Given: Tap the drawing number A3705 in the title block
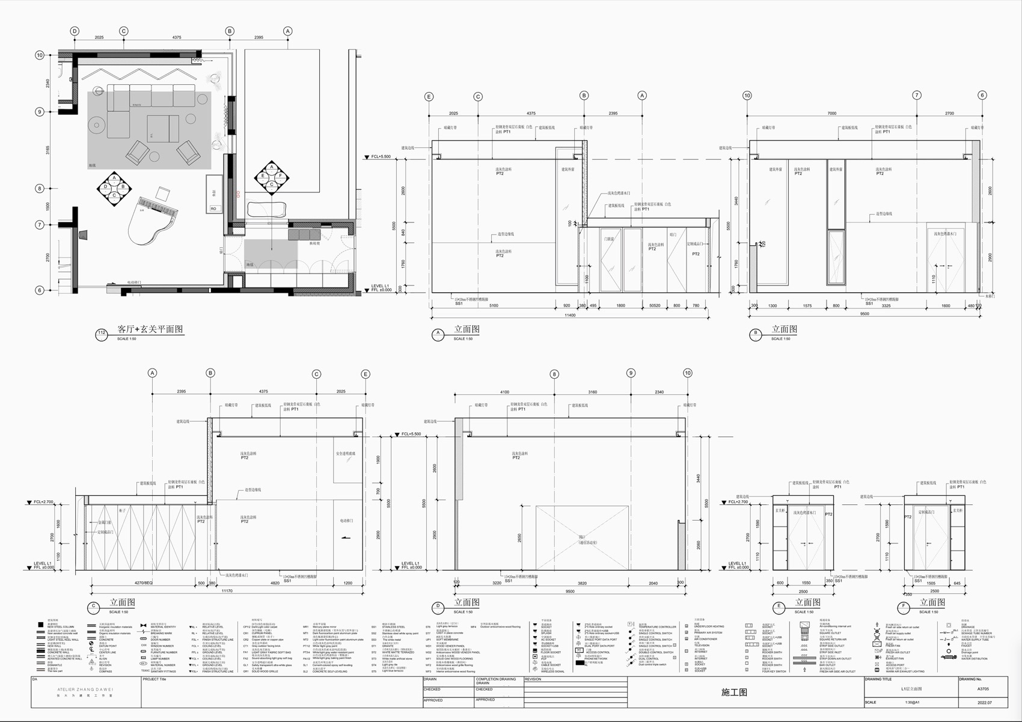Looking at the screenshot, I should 984,690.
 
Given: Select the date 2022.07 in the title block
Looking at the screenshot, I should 984,702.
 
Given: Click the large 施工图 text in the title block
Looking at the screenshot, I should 734,693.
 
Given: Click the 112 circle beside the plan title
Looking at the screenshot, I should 102,333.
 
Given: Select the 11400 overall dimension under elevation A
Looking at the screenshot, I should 569,315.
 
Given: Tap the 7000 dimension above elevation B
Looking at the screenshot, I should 831,114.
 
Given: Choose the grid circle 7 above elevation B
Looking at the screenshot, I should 917,95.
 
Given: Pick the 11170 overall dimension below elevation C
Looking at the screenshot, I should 227,591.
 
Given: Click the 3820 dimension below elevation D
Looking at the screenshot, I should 582,583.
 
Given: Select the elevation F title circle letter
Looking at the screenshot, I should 904,606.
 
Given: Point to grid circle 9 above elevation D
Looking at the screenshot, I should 631,373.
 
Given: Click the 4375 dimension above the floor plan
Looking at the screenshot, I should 177,38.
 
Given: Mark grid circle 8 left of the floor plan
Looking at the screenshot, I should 40,188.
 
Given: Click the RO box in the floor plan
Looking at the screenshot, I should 213,209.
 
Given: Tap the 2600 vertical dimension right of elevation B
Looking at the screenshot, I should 990,191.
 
